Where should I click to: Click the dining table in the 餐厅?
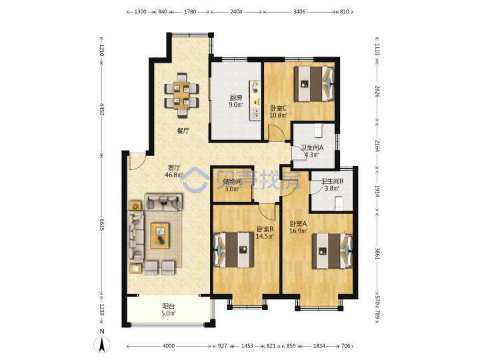[x=181, y=95]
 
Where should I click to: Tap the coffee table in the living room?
[x=160, y=235]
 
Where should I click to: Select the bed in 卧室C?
[x=314, y=83]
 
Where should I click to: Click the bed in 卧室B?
[x=233, y=250]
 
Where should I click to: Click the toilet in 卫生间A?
[x=319, y=131]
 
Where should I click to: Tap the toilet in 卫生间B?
[x=339, y=203]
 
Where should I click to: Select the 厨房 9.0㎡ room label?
[x=236, y=101]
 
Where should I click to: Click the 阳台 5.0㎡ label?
[x=169, y=309]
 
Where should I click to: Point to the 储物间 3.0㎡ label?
[x=233, y=185]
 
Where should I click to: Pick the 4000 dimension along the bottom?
[x=169, y=346]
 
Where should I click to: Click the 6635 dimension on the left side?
[x=102, y=224]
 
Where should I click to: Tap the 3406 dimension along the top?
[x=299, y=11]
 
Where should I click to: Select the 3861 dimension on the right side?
[x=377, y=254]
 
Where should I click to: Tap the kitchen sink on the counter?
[x=255, y=113]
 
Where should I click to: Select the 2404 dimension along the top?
[x=236, y=11]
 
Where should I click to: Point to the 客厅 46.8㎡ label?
[x=174, y=171]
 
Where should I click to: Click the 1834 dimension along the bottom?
[x=319, y=346]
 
